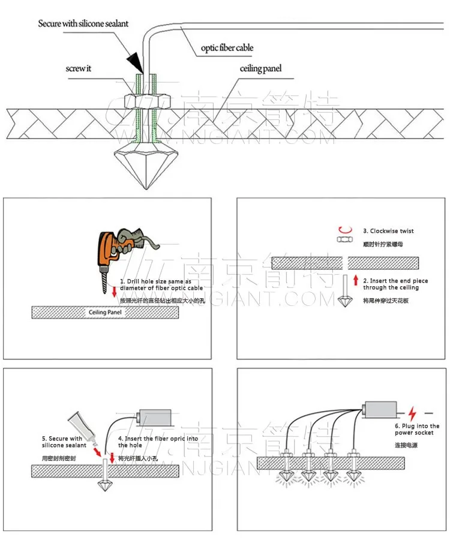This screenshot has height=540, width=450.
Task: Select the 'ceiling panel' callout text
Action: pyautogui.click(x=261, y=68)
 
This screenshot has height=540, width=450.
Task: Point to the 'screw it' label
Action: pyautogui.click(x=79, y=68)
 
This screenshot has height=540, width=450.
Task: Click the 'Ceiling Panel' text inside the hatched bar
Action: pyautogui.click(x=106, y=313)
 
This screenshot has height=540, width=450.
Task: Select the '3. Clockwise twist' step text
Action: pyautogui.click(x=388, y=231)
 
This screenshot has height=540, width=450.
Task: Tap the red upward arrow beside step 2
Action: pyautogui.click(x=356, y=280)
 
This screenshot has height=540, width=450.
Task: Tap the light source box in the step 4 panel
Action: pyautogui.click(x=155, y=419)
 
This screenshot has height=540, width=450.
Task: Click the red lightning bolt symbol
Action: pyautogui.click(x=412, y=413)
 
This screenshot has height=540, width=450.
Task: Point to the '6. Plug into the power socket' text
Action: pyautogui.click(x=417, y=430)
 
